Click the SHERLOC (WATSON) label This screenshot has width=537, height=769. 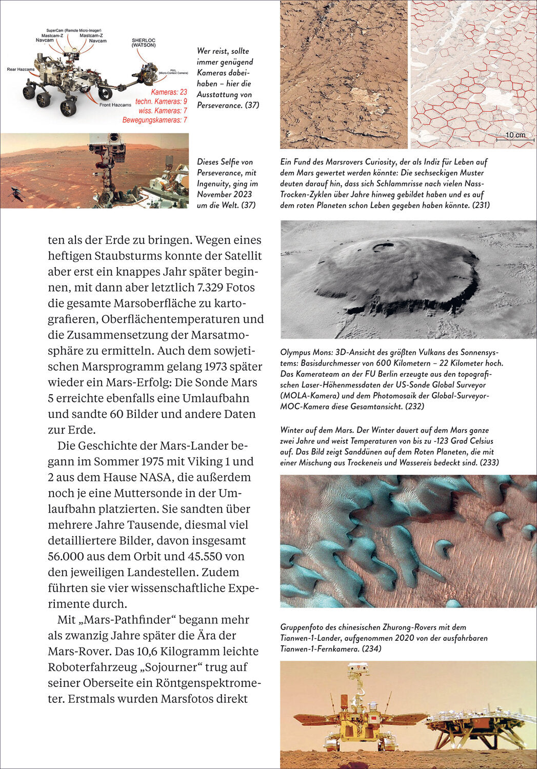click(x=144, y=42)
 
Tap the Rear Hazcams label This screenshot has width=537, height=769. click(x=21, y=69)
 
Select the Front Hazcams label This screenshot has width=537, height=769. click(x=115, y=105)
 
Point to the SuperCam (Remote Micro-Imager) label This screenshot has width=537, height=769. click(x=69, y=31)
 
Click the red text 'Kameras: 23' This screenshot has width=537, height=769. click(x=169, y=92)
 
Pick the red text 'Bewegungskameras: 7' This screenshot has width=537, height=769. click(x=154, y=120)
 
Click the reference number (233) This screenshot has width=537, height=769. click(x=489, y=462)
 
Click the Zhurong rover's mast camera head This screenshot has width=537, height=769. click(x=357, y=669)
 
